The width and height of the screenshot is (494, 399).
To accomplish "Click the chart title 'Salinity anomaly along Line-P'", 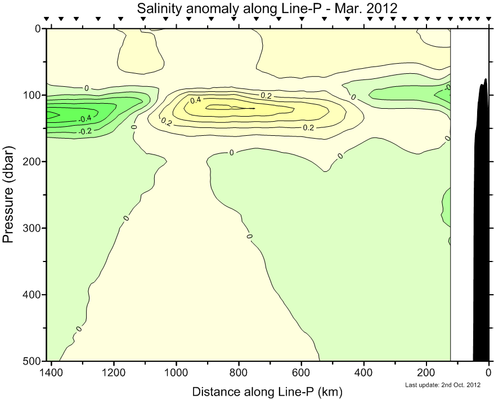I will (267, 8).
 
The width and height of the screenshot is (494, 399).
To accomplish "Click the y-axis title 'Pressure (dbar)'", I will (8, 194).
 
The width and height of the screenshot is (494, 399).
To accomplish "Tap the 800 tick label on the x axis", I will (239, 373).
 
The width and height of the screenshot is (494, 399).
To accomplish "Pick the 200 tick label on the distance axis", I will (426, 373).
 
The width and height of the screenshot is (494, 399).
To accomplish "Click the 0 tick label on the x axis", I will (489, 373).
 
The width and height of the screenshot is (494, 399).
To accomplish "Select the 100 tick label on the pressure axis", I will (33, 95).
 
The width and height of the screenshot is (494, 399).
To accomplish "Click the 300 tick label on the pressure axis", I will (33, 228).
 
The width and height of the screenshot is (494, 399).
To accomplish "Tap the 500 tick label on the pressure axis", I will (33, 361).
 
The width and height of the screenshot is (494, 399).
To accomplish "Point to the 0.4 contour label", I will (195, 100).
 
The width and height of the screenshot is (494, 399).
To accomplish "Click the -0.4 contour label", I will (86, 119).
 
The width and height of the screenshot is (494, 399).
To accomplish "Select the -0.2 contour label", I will (86, 131).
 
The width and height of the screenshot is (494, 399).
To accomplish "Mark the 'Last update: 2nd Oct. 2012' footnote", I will (442, 385).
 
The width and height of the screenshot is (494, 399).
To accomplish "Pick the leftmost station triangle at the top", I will (47, 19).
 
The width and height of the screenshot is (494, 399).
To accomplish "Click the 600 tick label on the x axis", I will (302, 373).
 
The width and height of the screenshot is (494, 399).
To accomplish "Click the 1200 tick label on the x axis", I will (114, 373).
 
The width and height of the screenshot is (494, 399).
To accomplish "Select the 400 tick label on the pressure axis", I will (33, 294).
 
